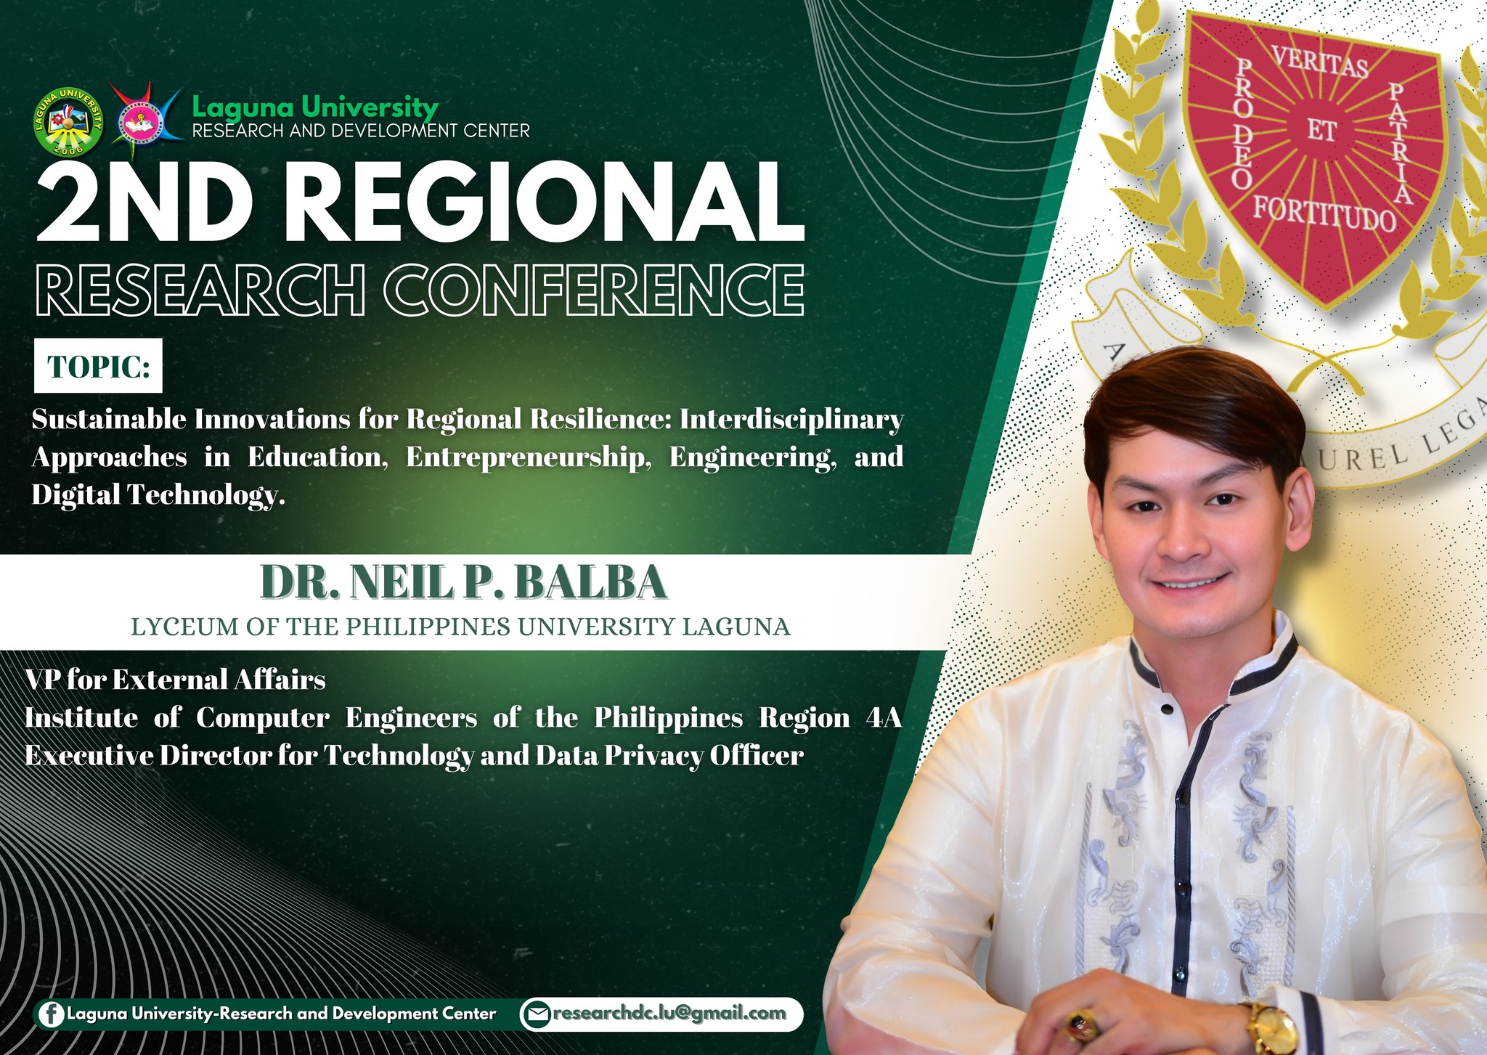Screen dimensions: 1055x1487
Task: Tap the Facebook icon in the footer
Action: coord(51,1014)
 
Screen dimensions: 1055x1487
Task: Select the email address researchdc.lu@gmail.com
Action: coord(669,1014)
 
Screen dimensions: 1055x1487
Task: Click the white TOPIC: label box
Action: coord(99,366)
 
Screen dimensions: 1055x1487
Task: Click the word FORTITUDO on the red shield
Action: coord(1324,213)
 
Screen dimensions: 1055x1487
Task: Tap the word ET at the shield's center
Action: coord(1321,131)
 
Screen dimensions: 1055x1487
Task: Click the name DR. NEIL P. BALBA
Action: coord(463,582)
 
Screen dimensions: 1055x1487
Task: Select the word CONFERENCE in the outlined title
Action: coord(600,290)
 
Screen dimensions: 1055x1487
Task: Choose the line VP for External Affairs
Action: coord(176,680)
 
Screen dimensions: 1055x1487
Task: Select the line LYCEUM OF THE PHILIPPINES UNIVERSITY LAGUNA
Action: coord(460,627)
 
